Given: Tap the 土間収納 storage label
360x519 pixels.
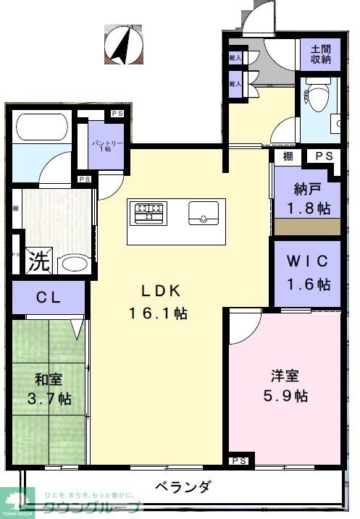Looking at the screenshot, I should coord(320,54).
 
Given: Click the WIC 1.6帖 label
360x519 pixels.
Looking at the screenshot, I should coord(307,271).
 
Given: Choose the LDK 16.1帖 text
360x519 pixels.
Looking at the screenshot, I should coord(159,302).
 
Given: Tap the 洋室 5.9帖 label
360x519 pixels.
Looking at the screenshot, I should coord(285,386).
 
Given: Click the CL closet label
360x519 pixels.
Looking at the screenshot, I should coord(48,296).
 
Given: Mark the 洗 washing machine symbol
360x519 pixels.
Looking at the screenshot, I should coord(38,261).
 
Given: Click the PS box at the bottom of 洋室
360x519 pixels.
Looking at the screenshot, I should coord(239,461).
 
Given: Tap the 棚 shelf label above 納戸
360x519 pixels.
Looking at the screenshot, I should coord(288,156).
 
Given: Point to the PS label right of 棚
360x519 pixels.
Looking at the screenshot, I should coord(323,156).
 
